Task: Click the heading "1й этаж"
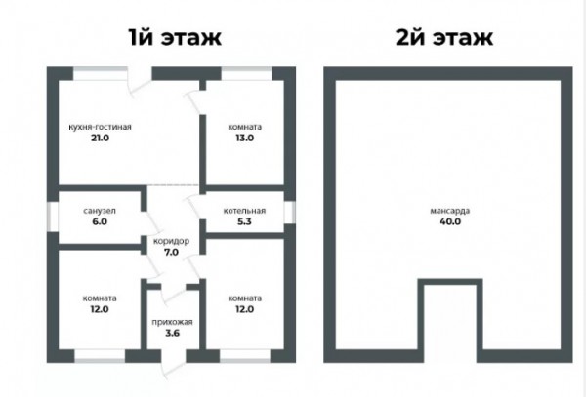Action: click(175, 37)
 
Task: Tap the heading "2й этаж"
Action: click(444, 37)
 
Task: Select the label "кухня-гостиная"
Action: click(101, 127)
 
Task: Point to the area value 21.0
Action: click(101, 138)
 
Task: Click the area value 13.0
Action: click(245, 138)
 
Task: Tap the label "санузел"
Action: click(100, 211)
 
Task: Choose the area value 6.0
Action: click(100, 221)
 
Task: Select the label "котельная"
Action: click(244, 211)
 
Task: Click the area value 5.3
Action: click(244, 221)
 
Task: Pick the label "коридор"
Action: click(171, 241)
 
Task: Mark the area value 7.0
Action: click(171, 253)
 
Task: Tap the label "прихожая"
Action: click(172, 322)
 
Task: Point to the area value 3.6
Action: click(172, 333)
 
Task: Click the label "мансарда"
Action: click(450, 211)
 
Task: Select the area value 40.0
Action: click(450, 221)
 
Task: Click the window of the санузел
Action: click(53, 217)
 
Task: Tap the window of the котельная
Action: click(289, 213)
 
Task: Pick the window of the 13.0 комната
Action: click(246, 73)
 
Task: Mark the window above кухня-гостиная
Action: click(101, 73)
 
